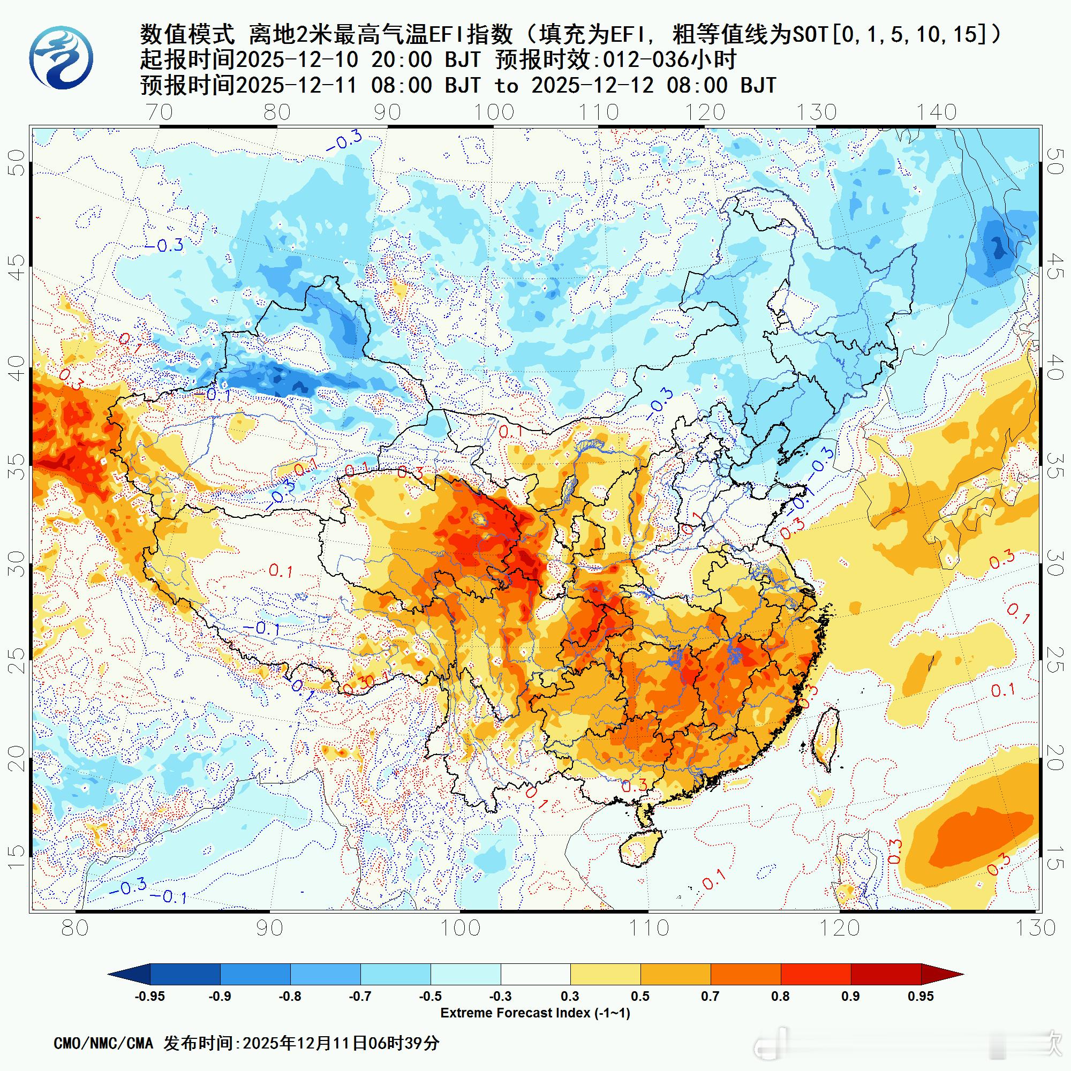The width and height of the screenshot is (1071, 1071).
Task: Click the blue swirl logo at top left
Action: [x=62, y=58]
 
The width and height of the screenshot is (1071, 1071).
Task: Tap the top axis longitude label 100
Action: [x=493, y=112]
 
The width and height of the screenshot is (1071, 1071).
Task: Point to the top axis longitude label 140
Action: [x=936, y=112]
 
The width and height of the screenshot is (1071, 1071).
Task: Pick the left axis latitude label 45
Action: [x=19, y=268]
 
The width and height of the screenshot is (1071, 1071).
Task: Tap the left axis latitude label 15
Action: [x=19, y=858]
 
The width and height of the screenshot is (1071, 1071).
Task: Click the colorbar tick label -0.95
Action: [x=150, y=997]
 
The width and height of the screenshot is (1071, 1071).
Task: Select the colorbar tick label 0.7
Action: [x=710, y=997]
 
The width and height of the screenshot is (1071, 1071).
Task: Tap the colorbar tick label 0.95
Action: [x=920, y=997]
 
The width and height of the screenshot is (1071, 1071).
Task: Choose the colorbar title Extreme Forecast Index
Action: [x=535, y=1013]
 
